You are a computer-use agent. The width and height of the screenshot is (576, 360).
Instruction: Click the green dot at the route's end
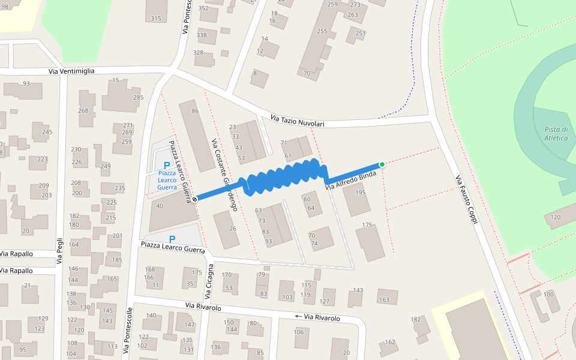pyautogui.click(x=382, y=164)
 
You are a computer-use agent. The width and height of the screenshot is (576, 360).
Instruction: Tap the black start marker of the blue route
pyautogui.click(x=195, y=199)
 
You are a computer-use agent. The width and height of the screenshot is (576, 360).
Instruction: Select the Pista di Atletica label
pyautogui.click(x=556, y=133)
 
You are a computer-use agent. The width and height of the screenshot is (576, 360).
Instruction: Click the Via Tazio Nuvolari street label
pyautogui.click(x=297, y=121)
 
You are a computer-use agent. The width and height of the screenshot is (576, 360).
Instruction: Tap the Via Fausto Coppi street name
pyautogui.click(x=465, y=200)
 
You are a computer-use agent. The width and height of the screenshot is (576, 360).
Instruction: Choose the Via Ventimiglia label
pyautogui.click(x=71, y=71)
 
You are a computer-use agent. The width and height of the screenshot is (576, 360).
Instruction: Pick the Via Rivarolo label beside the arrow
pyautogui.click(x=322, y=317)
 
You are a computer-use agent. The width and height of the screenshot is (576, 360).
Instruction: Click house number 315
pyautogui.click(x=156, y=19)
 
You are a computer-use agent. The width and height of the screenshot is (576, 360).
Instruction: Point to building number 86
pyautogui.click(x=194, y=111)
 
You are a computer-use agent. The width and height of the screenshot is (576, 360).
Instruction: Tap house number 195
pyautogui.click(x=360, y=193)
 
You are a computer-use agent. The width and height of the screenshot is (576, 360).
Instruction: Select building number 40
pyautogui.click(x=159, y=206)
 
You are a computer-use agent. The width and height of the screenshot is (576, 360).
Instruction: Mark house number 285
pyautogui.click(x=138, y=97)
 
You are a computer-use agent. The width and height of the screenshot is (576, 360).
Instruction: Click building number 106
pyautogui.click(x=299, y=332)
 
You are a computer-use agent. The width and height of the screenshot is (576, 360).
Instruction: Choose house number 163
pyautogui.click(x=384, y=299)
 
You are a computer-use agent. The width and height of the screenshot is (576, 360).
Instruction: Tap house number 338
pyautogui.click(x=202, y=35)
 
